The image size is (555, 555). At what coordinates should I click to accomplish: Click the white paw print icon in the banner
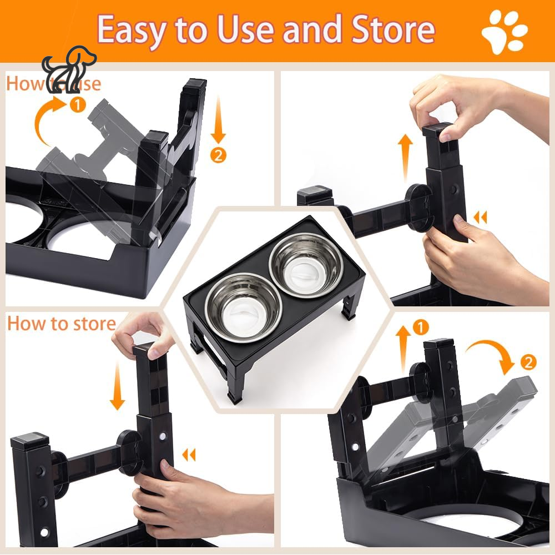(x=504, y=31)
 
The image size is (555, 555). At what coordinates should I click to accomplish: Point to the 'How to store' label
(x=61, y=324)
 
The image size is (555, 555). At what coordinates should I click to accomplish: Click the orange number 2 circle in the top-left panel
(x=219, y=156)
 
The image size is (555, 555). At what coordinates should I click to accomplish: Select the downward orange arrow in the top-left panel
(x=219, y=119)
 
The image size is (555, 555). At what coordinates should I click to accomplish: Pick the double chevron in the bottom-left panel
(x=189, y=455)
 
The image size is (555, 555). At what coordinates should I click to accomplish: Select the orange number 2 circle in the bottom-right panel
(x=528, y=362)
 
